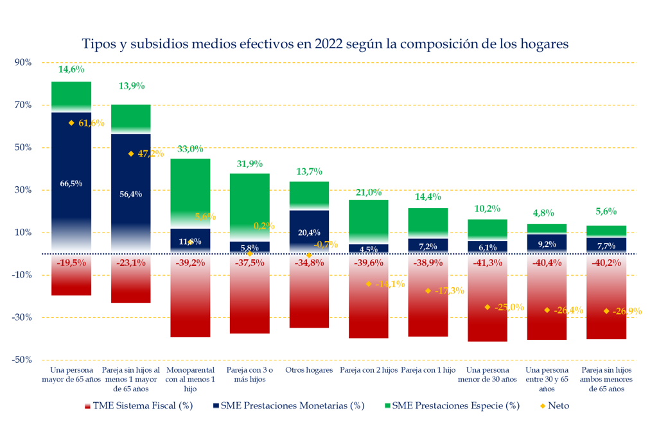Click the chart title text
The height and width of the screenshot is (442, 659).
325,44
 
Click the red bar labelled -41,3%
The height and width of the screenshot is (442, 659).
488,302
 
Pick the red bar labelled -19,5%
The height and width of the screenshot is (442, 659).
71,279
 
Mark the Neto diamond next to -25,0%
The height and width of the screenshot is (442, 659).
488,307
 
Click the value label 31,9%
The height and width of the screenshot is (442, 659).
250,164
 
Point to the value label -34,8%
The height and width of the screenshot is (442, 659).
309,263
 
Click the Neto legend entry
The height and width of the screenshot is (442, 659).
554,406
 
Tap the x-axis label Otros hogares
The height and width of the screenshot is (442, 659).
309,371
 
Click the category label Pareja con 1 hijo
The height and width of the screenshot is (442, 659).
428,371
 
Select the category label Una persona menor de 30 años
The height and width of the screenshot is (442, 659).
488,375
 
